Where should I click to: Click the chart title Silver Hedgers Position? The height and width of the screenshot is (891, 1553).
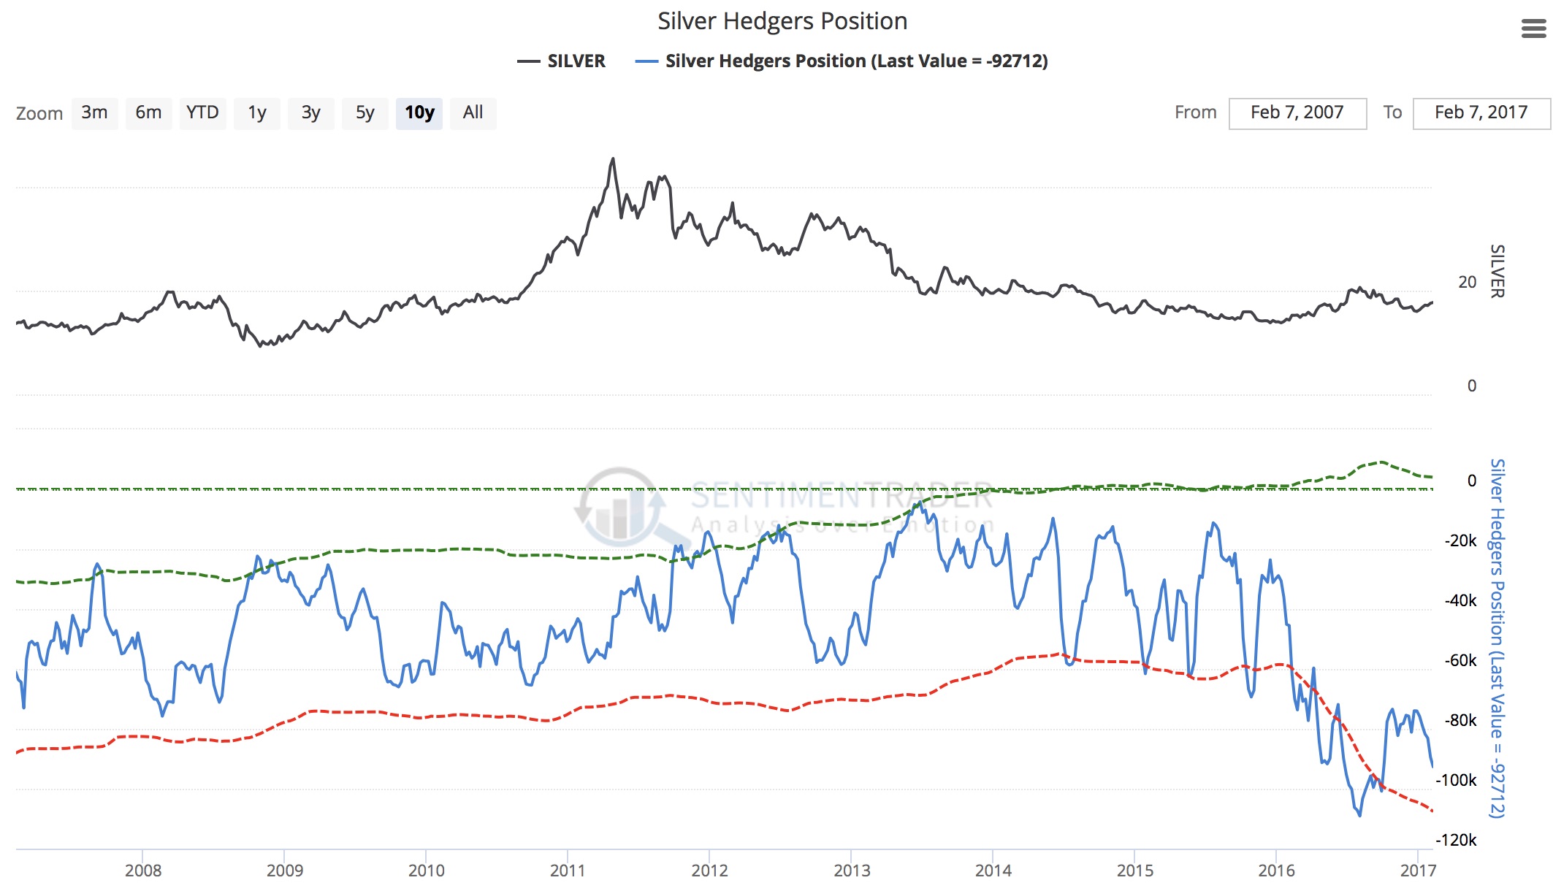(x=782, y=21)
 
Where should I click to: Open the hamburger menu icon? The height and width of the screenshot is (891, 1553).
(x=1533, y=29)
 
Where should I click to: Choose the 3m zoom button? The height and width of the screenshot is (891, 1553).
(x=94, y=113)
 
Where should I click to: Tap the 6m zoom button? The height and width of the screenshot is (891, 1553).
(x=148, y=113)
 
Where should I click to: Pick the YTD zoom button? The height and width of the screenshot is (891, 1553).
(x=202, y=113)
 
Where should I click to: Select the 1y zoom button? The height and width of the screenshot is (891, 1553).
(x=256, y=113)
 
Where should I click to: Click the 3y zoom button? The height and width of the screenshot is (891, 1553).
(x=310, y=113)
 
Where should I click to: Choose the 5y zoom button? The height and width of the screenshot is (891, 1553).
(x=365, y=113)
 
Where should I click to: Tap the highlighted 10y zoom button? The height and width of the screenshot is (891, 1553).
(x=419, y=113)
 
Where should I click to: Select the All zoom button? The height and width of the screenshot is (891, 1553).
(x=473, y=113)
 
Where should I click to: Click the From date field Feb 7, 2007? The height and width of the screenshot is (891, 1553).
(x=1297, y=113)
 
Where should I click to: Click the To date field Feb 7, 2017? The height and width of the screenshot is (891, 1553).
(x=1481, y=113)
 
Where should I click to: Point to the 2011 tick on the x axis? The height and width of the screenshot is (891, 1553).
(x=568, y=871)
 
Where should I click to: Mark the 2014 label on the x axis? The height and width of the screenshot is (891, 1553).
(x=993, y=871)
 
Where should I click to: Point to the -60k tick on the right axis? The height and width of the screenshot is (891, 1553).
(x=1460, y=661)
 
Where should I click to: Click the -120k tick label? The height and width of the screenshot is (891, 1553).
(x=1456, y=841)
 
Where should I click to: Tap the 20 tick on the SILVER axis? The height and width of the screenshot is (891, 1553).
(x=1467, y=283)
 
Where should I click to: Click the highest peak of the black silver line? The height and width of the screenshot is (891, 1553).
(x=613, y=158)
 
